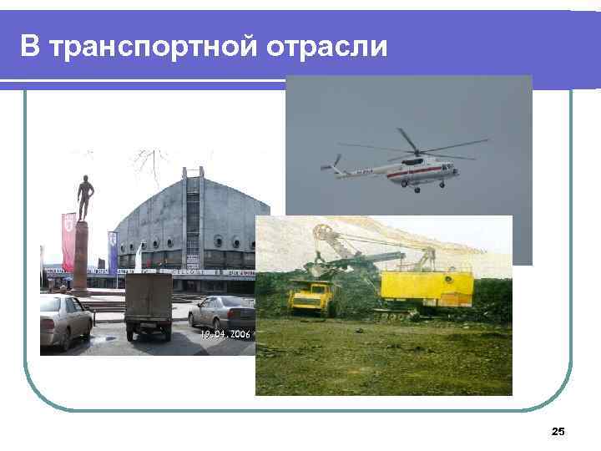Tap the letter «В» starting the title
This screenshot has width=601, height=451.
click(x=30, y=47)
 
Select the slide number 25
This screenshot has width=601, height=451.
click(x=558, y=431)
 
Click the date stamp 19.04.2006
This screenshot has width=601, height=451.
click(x=225, y=333)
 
